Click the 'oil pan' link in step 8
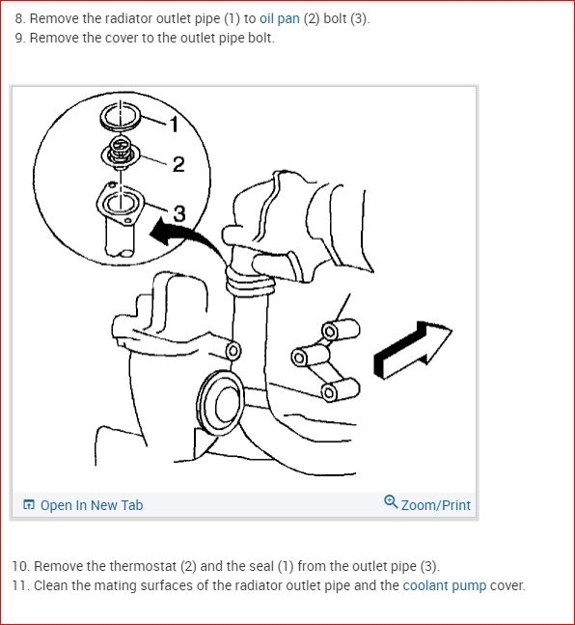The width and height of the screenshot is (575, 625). [x=280, y=18]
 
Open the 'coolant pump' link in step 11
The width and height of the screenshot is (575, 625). [x=445, y=585]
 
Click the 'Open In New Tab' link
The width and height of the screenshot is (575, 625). [x=92, y=505]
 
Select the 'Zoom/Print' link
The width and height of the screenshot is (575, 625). [x=436, y=505]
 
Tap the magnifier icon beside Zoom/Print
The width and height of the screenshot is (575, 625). [x=391, y=501]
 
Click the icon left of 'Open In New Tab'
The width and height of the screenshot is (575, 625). [x=29, y=504]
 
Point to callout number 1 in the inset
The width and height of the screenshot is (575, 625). [x=174, y=125]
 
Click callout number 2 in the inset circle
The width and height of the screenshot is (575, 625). [x=178, y=164]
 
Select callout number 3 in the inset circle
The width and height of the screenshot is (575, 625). [x=179, y=213]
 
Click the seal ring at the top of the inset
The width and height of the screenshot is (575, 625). [x=121, y=116]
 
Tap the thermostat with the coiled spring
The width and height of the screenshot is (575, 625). [x=121, y=153]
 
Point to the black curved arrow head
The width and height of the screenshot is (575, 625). [x=162, y=233]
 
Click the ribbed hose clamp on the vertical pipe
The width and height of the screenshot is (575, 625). [x=250, y=281]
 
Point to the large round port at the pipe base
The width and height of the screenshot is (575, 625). [x=221, y=403]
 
